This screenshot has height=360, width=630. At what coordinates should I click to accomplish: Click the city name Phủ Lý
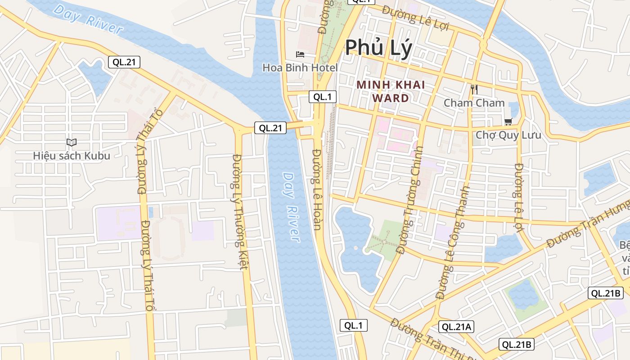pyautogui.click(x=378, y=48)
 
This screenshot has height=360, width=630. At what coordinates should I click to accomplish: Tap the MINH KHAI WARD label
pyautogui.click(x=391, y=91)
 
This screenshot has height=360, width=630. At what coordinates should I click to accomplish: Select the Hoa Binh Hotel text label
pyautogui.click(x=300, y=68)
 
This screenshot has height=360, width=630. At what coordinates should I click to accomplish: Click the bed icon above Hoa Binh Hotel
pyautogui.click(x=300, y=54)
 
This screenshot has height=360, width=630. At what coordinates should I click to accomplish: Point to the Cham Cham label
pyautogui.click(x=474, y=103)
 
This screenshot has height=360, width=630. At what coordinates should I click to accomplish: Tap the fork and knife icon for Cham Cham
pyautogui.click(x=473, y=89)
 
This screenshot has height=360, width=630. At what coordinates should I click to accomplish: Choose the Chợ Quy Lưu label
pyautogui.click(x=508, y=135)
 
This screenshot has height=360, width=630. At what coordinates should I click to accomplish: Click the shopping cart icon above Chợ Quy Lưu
pyautogui.click(x=508, y=121)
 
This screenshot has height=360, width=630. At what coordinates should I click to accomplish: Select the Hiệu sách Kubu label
pyautogui.click(x=72, y=156)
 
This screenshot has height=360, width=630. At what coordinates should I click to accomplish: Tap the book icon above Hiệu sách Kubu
pyautogui.click(x=72, y=142)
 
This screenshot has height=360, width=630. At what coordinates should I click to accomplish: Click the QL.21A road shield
pyautogui.click(x=457, y=327)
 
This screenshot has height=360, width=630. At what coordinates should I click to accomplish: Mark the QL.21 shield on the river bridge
pyautogui.click(x=270, y=128)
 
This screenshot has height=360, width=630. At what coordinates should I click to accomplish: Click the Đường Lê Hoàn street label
pyautogui.click(x=317, y=189)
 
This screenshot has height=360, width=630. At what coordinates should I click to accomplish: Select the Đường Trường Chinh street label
pyautogui.click(x=410, y=198)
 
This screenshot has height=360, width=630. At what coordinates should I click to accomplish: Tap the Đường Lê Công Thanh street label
pyautogui.click(x=453, y=243)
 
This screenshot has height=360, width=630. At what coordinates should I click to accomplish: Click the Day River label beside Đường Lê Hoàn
pyautogui.click(x=291, y=207)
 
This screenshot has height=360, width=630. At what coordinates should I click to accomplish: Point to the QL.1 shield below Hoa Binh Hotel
pyautogui.click(x=323, y=97)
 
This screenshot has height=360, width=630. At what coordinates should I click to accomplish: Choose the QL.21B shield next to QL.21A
pyautogui.click(x=517, y=345)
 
